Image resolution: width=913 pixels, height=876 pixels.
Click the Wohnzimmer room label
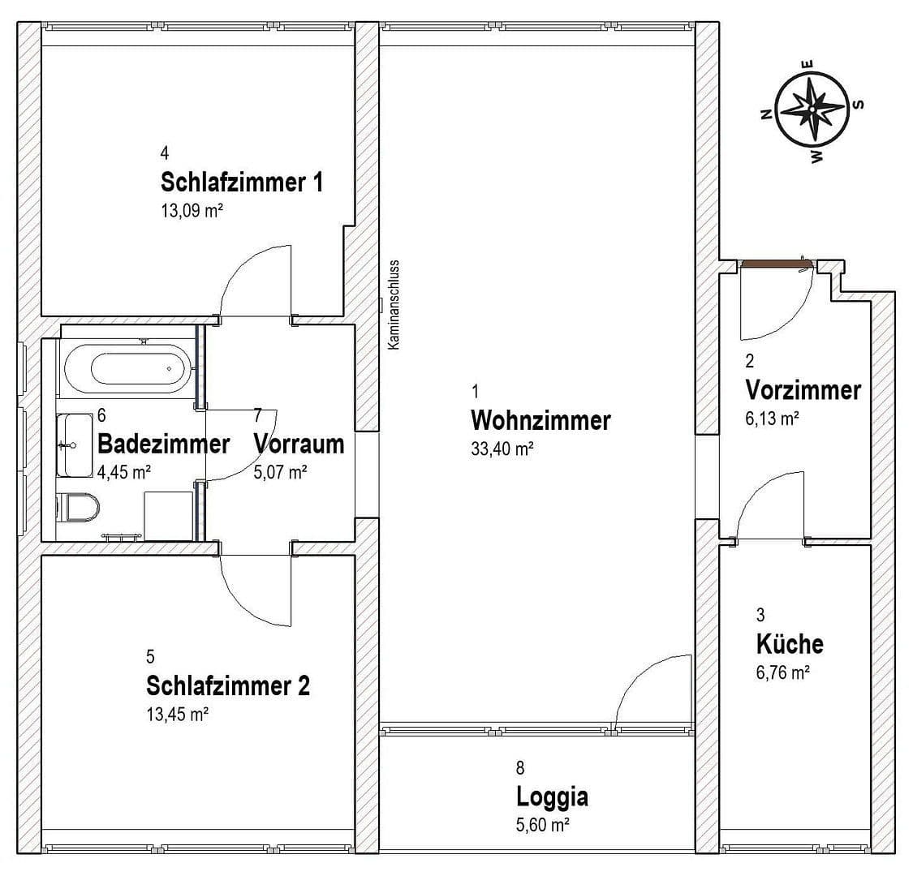pos(540,421)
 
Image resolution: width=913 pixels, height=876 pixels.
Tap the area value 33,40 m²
pos(502,449)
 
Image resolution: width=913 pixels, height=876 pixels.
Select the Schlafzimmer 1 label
pos(242,182)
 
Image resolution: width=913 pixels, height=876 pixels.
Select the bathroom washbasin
pos(75,444)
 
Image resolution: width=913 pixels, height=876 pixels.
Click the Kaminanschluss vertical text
pos(394,305)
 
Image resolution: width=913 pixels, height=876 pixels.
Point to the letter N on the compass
pos(764,114)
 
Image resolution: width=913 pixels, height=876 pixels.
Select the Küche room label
pos(789,644)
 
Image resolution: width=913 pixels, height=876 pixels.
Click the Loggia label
pos(552,797)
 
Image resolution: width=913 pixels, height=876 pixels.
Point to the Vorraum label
pos(299,444)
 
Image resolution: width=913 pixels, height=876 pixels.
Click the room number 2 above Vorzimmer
pos(750,362)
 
